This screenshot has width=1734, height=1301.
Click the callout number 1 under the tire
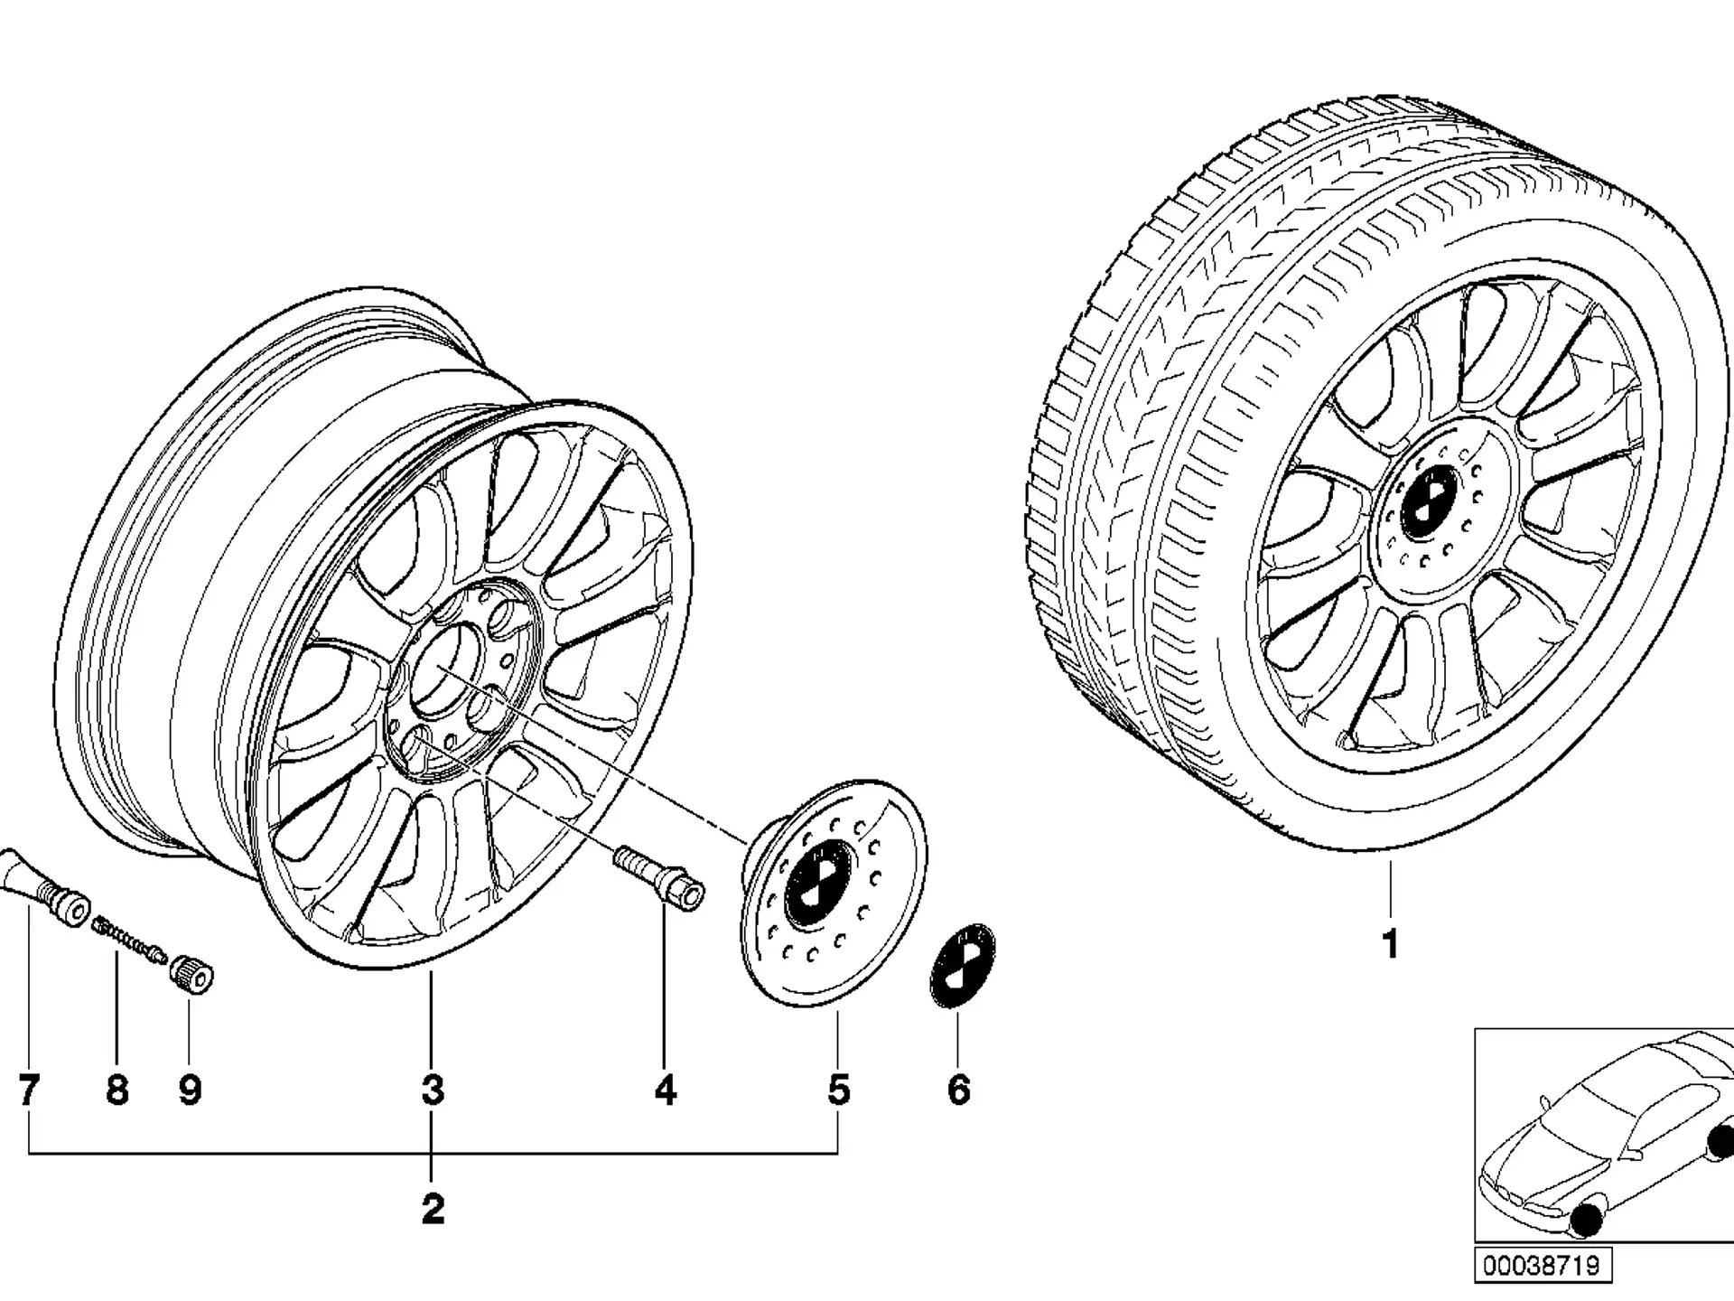click(x=1391, y=945)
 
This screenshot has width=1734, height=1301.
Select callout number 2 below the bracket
click(x=433, y=1209)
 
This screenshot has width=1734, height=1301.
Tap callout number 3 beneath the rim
click(x=433, y=1090)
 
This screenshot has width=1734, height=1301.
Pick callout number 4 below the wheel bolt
click(x=666, y=1090)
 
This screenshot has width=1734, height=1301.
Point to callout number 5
click(x=839, y=1090)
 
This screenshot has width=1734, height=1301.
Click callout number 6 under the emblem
click(x=959, y=1090)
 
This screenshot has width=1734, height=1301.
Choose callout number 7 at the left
click(x=29, y=1090)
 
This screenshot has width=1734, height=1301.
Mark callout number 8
click(x=117, y=1090)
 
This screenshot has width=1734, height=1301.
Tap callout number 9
click(x=190, y=1090)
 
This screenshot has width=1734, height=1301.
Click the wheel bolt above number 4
click(x=659, y=877)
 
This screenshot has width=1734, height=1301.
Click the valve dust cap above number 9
click(x=192, y=973)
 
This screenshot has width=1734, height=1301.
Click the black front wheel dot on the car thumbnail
click(x=1592, y=1220)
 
